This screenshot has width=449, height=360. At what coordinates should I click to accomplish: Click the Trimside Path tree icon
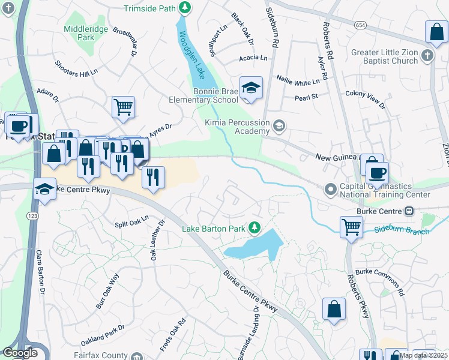click(x=186, y=8)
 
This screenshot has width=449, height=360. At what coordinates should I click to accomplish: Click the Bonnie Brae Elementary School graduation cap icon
click(x=251, y=88)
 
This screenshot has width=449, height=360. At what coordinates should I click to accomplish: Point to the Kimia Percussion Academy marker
click(x=279, y=126)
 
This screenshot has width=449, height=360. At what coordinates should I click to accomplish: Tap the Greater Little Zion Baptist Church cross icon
click(x=427, y=56)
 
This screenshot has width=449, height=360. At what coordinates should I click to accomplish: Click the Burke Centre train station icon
click(x=409, y=211)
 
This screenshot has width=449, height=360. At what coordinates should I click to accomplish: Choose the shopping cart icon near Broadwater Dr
click(x=123, y=107)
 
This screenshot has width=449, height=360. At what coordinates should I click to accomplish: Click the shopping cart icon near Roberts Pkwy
click(x=352, y=227)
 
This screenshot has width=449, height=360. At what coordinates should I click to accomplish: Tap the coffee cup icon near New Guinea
click(x=377, y=173)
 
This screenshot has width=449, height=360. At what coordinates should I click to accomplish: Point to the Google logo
click(x=20, y=353)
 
